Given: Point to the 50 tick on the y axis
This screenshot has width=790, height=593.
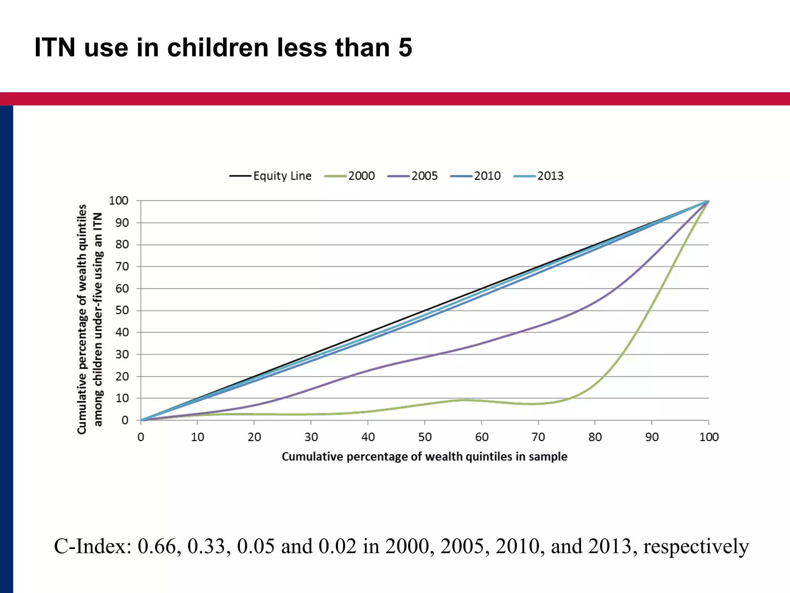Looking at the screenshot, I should coord(122,310).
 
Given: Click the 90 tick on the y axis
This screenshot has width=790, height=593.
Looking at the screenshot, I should coord(122,223).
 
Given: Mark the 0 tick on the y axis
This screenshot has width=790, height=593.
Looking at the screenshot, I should coord(125,420).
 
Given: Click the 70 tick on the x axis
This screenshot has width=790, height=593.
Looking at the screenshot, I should coord(538,437).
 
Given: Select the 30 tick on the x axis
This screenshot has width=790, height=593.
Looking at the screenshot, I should coord(311,437).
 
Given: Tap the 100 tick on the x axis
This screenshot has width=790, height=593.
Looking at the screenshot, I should coord(709,437).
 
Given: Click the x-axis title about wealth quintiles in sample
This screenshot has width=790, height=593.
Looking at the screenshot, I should coord(424,456).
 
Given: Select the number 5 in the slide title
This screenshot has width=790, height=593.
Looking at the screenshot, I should coord(405,47).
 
